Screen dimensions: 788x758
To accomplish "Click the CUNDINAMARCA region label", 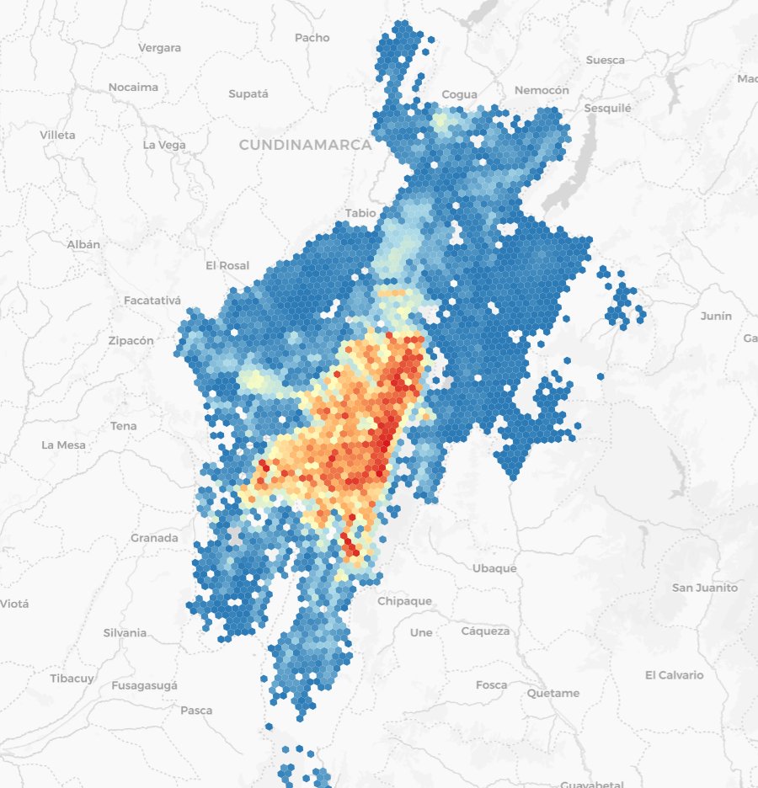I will pyautogui.click(x=305, y=145).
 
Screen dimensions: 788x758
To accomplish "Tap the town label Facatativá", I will pyautogui.click(x=152, y=301).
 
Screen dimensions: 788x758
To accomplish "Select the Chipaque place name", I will pyautogui.click(x=404, y=601).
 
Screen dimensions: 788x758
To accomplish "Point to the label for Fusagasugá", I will pyautogui.click(x=144, y=685).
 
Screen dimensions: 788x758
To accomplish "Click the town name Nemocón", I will pyautogui.click(x=542, y=90).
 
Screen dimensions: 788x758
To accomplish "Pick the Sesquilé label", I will pyautogui.click(x=608, y=109).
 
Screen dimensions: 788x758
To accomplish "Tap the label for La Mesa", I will pyautogui.click(x=63, y=445).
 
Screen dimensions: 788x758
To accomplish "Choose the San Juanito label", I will pyautogui.click(x=704, y=588).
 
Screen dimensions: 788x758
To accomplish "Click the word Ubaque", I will pyautogui.click(x=494, y=568).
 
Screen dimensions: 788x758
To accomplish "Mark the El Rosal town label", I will pyautogui.click(x=227, y=265).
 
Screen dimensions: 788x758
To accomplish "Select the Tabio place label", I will pyautogui.click(x=360, y=213).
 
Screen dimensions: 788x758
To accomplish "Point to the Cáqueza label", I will pyautogui.click(x=485, y=631).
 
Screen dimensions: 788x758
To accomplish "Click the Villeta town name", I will pyautogui.click(x=57, y=135).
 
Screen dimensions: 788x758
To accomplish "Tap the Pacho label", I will pyautogui.click(x=312, y=38).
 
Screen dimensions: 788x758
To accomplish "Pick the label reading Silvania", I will pyautogui.click(x=125, y=632).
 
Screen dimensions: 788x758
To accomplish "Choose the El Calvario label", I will pyautogui.click(x=674, y=675).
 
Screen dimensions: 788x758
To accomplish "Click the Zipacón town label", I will pyautogui.click(x=131, y=341).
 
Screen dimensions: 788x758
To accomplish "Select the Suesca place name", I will pyautogui.click(x=606, y=60).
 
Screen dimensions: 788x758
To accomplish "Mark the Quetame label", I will pyautogui.click(x=553, y=694).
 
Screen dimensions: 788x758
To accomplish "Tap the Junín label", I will pyautogui.click(x=716, y=316).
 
